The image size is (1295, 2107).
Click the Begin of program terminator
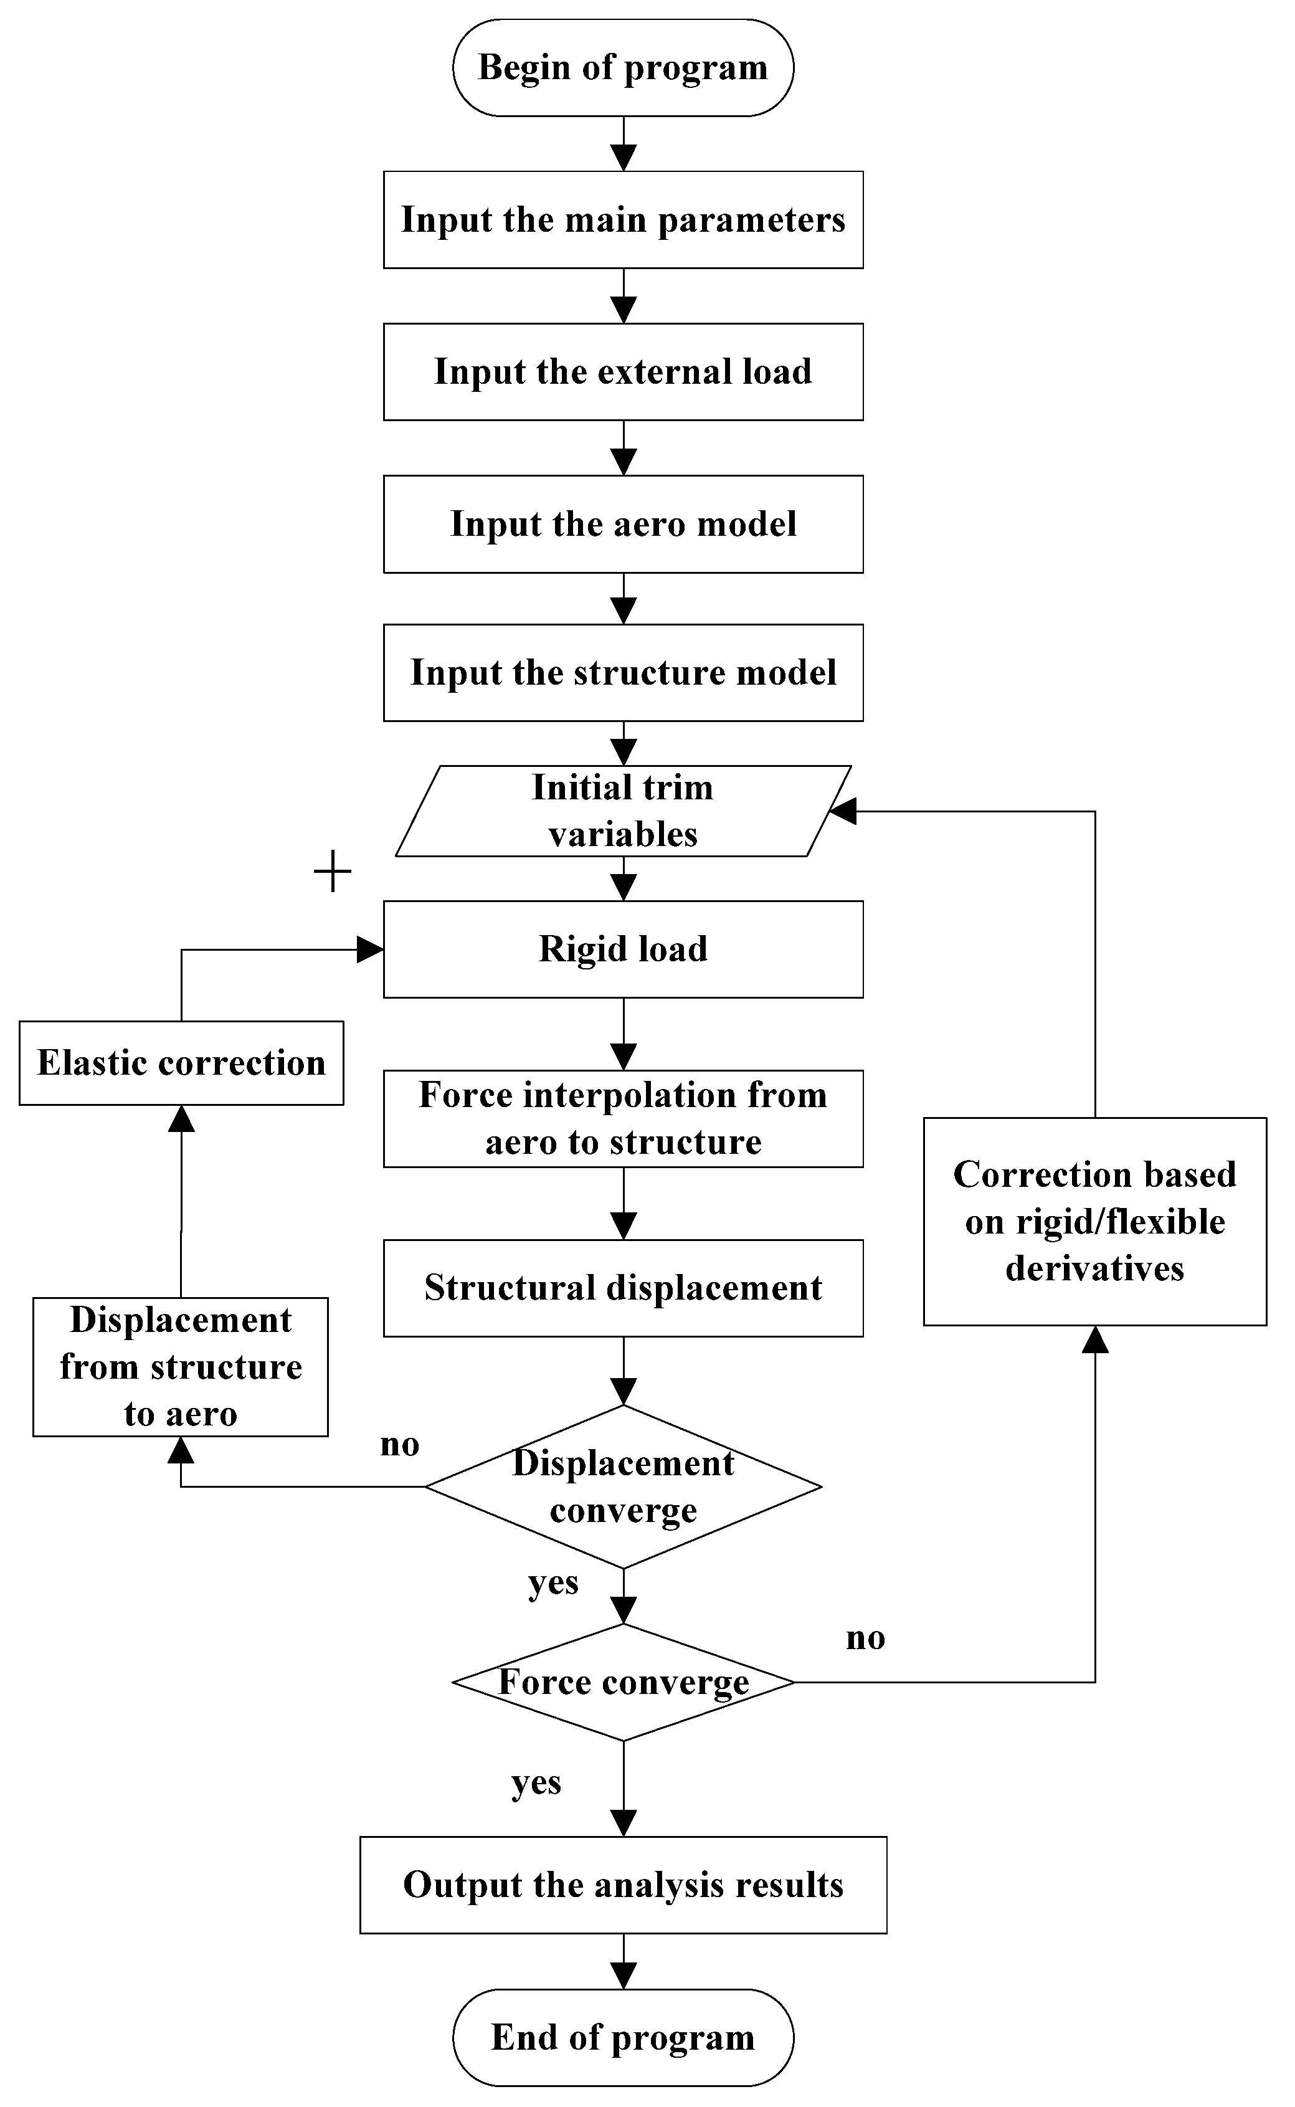(x=623, y=68)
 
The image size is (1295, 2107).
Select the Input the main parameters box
(x=623, y=219)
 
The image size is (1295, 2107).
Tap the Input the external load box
(x=623, y=372)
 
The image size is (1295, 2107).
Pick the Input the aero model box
(x=623, y=524)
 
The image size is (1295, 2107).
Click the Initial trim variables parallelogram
(x=623, y=811)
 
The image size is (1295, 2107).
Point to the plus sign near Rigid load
(x=333, y=872)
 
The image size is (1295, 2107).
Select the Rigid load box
(x=623, y=949)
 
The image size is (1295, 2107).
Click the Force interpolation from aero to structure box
(x=623, y=1118)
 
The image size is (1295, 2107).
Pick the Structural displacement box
(x=623, y=1288)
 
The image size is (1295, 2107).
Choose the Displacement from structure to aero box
(x=181, y=1367)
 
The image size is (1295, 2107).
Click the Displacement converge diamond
(x=623, y=1487)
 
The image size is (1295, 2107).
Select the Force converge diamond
(x=623, y=1682)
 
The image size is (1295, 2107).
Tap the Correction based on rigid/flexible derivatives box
(x=1094, y=1221)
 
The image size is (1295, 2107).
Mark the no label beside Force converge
(x=865, y=1638)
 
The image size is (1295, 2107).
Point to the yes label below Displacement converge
(x=553, y=1583)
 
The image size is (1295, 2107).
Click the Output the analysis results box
(x=623, y=1885)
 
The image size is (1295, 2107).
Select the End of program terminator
(x=623, y=2038)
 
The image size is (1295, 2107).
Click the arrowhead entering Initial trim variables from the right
(x=843, y=811)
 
